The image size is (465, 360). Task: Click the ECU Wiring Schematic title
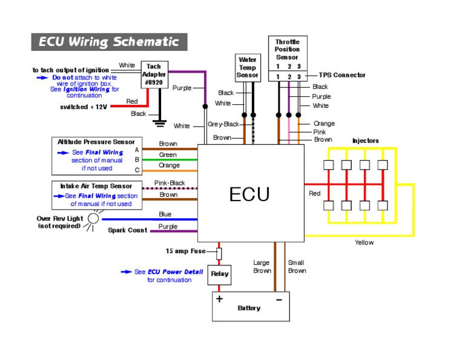pos(109,42)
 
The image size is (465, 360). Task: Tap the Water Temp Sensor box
pos(248,67)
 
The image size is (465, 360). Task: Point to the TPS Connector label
pos(343,75)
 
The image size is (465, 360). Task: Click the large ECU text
pos(249,195)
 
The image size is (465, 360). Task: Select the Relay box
pos(219,275)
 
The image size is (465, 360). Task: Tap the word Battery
pos(249,308)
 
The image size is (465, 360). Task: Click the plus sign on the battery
pos(219,299)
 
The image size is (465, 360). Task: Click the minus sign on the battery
pos(279,299)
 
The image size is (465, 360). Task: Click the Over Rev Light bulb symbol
pos(93,219)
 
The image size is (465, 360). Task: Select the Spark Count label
pos(128,230)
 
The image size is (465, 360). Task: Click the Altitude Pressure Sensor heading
pos(96,142)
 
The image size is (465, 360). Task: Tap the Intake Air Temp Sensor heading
pos(96,185)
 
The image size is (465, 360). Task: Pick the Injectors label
pos(365,141)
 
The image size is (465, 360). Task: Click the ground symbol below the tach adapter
pos(160,124)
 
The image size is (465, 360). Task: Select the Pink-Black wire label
pos(170,182)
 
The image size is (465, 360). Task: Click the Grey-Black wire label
pos(223,124)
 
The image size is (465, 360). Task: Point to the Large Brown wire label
pos(262,267)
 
